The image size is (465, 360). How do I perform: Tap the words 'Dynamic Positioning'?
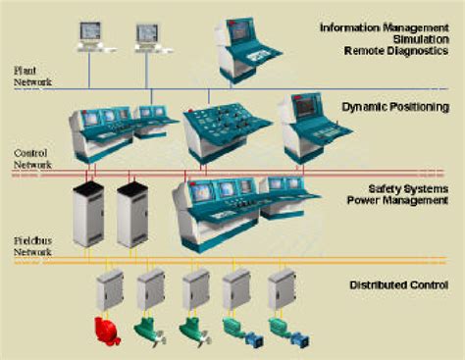click(395, 106)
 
